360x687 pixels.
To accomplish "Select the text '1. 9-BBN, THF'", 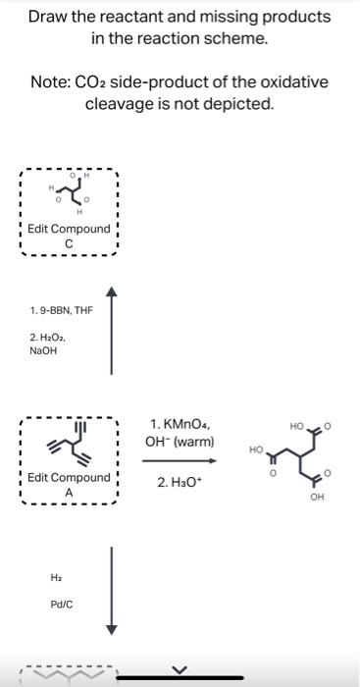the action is (61, 311).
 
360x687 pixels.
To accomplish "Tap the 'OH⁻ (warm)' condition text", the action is (180, 442).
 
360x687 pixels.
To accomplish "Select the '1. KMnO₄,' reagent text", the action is (179, 424).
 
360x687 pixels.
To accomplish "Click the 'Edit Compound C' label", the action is (69, 237).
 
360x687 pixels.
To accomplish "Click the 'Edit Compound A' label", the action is (69, 485).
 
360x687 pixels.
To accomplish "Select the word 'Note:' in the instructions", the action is (52, 81).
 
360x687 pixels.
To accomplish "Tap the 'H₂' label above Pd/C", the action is (44, 578).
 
